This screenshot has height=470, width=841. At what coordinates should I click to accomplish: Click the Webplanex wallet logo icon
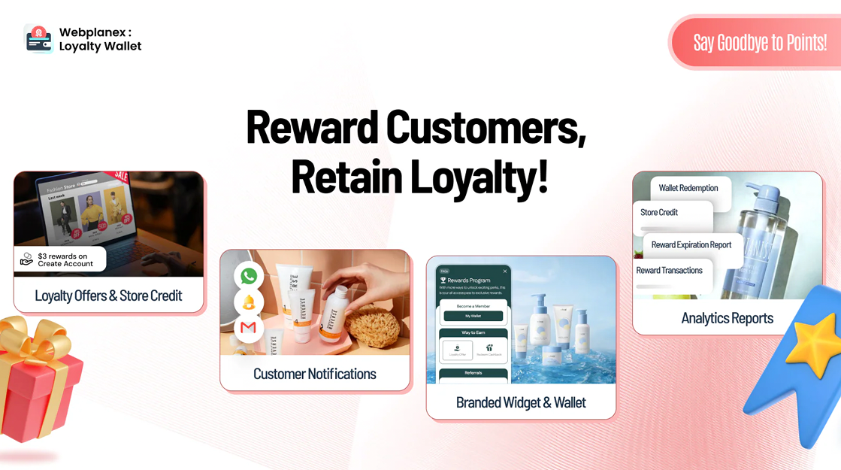pyautogui.click(x=38, y=39)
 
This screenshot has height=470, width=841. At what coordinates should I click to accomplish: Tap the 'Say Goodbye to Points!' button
pyautogui.click(x=759, y=43)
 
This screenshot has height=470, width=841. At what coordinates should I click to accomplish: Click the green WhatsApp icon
pyautogui.click(x=249, y=276)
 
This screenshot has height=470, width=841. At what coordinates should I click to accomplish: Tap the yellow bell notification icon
pyautogui.click(x=249, y=302)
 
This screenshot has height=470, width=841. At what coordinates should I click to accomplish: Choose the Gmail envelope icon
pyautogui.click(x=249, y=328)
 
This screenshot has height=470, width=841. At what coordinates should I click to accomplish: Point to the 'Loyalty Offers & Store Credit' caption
pyautogui.click(x=108, y=296)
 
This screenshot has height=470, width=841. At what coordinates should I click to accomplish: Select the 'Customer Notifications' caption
pyautogui.click(x=314, y=374)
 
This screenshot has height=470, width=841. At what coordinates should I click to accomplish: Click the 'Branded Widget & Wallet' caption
pyautogui.click(x=520, y=402)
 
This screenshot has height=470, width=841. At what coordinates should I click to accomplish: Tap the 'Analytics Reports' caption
pyautogui.click(x=727, y=318)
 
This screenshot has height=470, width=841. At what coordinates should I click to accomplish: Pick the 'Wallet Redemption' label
pyautogui.click(x=688, y=188)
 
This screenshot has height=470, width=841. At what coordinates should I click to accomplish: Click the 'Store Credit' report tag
pyautogui.click(x=659, y=212)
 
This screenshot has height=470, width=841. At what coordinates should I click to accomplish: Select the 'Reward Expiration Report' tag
pyautogui.click(x=691, y=244)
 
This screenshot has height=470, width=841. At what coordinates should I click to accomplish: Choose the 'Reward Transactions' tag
pyautogui.click(x=669, y=270)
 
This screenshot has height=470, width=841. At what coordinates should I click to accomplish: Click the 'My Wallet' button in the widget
pyautogui.click(x=473, y=316)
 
